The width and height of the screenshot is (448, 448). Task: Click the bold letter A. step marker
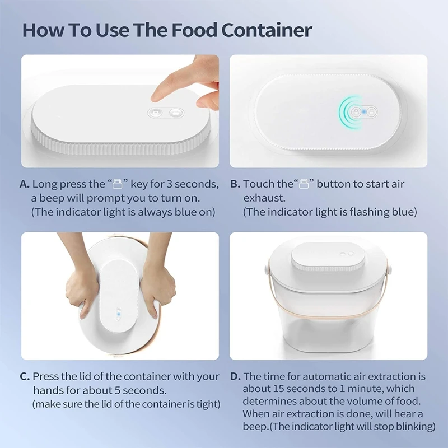click(24, 184)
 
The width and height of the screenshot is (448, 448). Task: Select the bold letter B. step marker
click(235, 184)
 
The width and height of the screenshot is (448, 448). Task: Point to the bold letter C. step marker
click(24, 376)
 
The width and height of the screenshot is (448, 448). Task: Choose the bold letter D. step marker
click(235, 376)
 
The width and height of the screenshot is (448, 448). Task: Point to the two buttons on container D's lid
click(347, 254)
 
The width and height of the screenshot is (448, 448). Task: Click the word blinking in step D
click(412, 426)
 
